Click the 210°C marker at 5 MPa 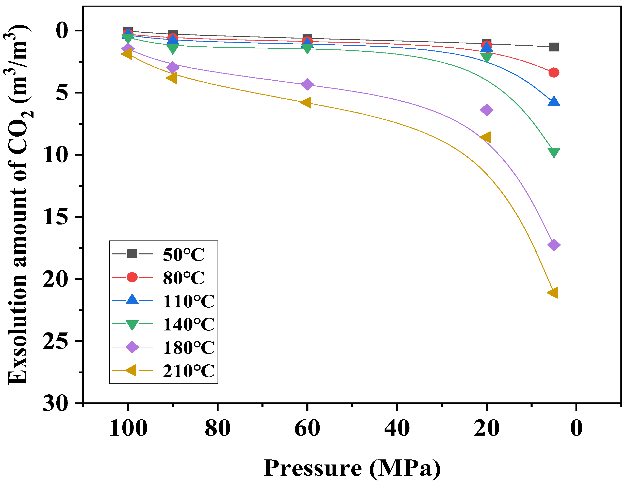click(553, 293)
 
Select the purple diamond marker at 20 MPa click(486, 109)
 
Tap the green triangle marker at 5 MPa click(553, 152)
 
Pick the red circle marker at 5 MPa click(553, 72)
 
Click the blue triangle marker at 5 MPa click(553, 102)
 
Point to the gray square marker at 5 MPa click(553, 47)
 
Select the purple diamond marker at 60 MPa click(307, 84)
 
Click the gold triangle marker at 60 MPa click(306, 102)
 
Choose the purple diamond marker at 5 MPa click(553, 245)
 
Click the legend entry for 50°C click(183, 254)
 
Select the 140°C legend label click(188, 324)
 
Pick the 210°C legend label click(188, 371)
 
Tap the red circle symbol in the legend click(132, 277)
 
